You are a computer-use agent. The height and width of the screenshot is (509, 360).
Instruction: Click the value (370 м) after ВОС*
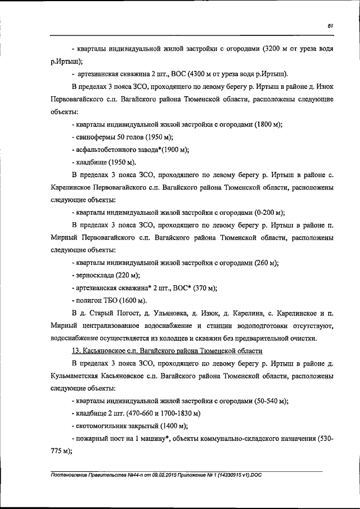click(x=203, y=288)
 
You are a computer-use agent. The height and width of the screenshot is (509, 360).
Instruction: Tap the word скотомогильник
click(x=103, y=426)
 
